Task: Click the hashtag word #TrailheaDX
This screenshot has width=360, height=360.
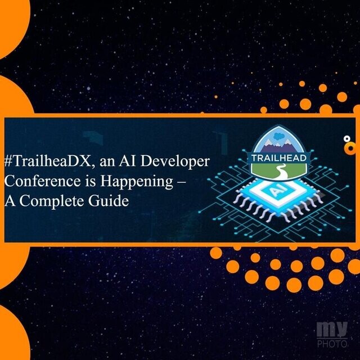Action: tap(49, 161)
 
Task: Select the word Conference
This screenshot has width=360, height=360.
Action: tap(43, 181)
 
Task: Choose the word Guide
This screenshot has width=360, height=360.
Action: tap(109, 201)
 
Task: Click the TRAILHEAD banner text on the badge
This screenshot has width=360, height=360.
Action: tap(279, 158)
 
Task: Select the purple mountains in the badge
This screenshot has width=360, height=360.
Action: tap(279, 148)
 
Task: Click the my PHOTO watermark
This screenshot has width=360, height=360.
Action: tap(332, 335)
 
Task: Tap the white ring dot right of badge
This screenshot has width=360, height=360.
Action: tap(346, 138)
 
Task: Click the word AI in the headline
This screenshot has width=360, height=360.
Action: tap(127, 161)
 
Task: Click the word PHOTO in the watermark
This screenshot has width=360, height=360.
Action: tap(332, 344)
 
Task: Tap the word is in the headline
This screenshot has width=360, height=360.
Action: tap(90, 181)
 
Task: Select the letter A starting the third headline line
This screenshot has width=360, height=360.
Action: tap(10, 201)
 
